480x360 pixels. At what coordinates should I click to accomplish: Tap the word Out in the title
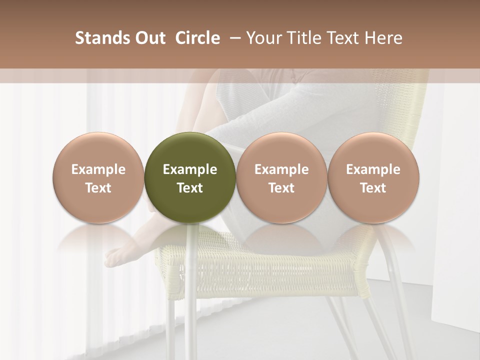pyautogui.click(x=148, y=38)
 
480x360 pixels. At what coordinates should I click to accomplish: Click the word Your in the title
pyautogui.click(x=263, y=38)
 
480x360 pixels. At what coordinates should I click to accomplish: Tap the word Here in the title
pyautogui.click(x=384, y=38)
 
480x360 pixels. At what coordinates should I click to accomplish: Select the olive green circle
pyautogui.click(x=189, y=150)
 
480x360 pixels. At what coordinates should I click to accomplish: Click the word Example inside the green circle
pyautogui.click(x=189, y=169)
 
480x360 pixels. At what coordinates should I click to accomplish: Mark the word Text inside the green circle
pyautogui.click(x=189, y=188)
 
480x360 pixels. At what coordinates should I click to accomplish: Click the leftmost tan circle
pyautogui.click(x=98, y=150)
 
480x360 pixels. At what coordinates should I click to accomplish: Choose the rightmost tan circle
pyautogui.click(x=373, y=150)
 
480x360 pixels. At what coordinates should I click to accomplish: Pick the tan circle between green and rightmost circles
pyautogui.click(x=281, y=150)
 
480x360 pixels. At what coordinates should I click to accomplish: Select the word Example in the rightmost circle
pyautogui.click(x=373, y=169)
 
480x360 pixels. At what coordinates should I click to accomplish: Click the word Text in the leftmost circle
pyautogui.click(x=98, y=188)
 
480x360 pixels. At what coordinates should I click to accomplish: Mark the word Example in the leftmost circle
pyautogui.click(x=98, y=169)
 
